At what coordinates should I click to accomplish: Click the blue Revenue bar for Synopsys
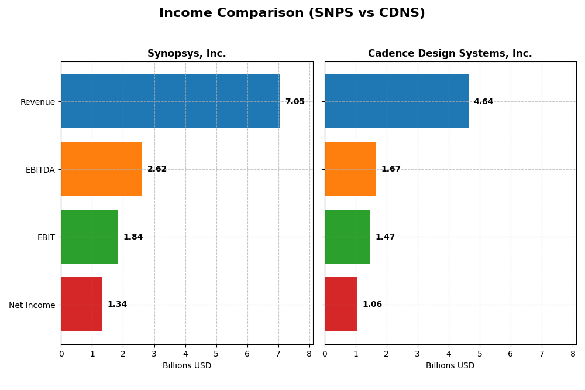(x=170, y=101)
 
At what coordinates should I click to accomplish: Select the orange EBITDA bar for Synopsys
(x=101, y=169)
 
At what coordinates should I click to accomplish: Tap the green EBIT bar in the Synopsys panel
(x=90, y=237)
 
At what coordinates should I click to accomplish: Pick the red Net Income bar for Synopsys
(x=81, y=304)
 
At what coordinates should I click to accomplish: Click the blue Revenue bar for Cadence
(x=396, y=101)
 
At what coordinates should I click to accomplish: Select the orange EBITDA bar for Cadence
(x=350, y=169)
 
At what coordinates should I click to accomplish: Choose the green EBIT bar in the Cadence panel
(x=347, y=237)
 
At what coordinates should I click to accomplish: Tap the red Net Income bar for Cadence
(x=341, y=304)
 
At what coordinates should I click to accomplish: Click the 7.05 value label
(x=295, y=102)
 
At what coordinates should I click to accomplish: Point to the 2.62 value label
(x=157, y=169)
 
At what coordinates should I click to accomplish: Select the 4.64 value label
(x=483, y=102)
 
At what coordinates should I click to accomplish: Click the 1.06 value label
(x=372, y=305)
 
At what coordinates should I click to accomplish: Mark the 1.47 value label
(x=385, y=237)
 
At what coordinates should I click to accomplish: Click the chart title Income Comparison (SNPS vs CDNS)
(x=292, y=13)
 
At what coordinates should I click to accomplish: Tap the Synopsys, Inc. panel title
(x=187, y=54)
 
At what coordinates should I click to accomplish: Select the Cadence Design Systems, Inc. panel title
(x=450, y=54)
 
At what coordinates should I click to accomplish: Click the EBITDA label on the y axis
(x=40, y=170)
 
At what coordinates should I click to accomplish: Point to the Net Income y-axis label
(x=32, y=305)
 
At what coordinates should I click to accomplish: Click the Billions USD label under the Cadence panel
(x=450, y=365)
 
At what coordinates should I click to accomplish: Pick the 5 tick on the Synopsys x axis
(x=216, y=354)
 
